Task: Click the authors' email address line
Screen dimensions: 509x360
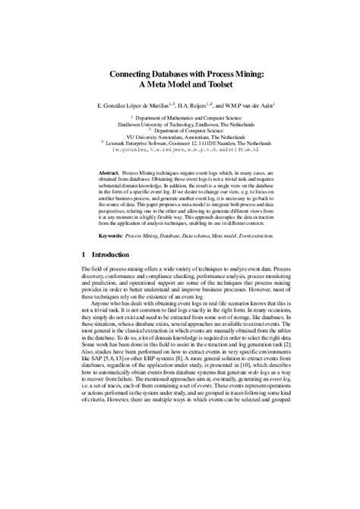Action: [180, 150]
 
